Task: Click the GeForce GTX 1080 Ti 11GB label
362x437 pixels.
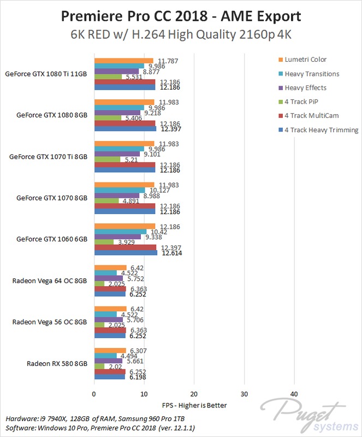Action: tap(46, 73)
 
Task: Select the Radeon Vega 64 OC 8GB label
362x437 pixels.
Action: tap(50, 281)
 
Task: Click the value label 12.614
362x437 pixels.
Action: tap(172, 253)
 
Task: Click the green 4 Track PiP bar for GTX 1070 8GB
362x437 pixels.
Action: tap(106, 200)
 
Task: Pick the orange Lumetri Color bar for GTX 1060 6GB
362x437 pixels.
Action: tap(125, 226)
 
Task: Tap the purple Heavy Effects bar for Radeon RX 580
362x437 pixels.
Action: tap(109, 360)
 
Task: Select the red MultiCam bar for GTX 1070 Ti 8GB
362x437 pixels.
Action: tap(124, 164)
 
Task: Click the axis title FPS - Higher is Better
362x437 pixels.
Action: tap(194, 405)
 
